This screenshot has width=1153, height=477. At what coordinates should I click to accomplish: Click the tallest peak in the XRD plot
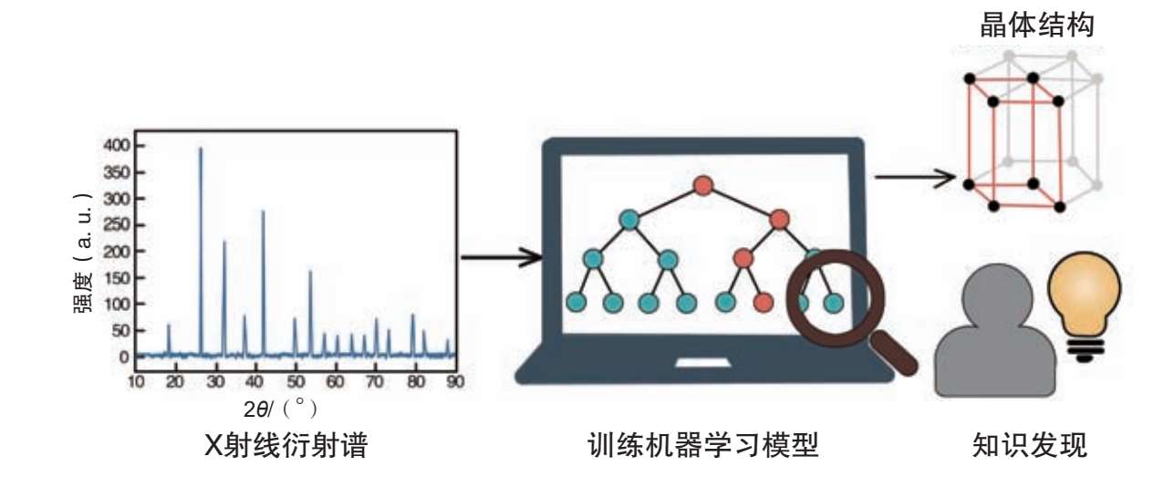coord(201,150)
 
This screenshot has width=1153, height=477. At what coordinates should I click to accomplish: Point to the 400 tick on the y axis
coord(118,146)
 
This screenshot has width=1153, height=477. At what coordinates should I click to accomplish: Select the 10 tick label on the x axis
coord(136,381)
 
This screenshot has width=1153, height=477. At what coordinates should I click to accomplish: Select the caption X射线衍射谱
coord(286,447)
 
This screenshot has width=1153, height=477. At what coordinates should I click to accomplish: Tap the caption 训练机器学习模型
coord(703,447)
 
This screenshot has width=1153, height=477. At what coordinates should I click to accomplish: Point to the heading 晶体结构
coord(1036,25)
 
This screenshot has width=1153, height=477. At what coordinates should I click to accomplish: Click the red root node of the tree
coord(702,186)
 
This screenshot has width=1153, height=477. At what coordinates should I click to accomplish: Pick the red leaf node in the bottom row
coord(764,301)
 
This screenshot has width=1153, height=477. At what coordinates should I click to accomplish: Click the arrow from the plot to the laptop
coord(502,257)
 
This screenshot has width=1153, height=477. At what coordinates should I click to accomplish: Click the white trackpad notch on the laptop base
coord(703,363)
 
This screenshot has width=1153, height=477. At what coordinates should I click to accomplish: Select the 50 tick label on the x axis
coord(296,381)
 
